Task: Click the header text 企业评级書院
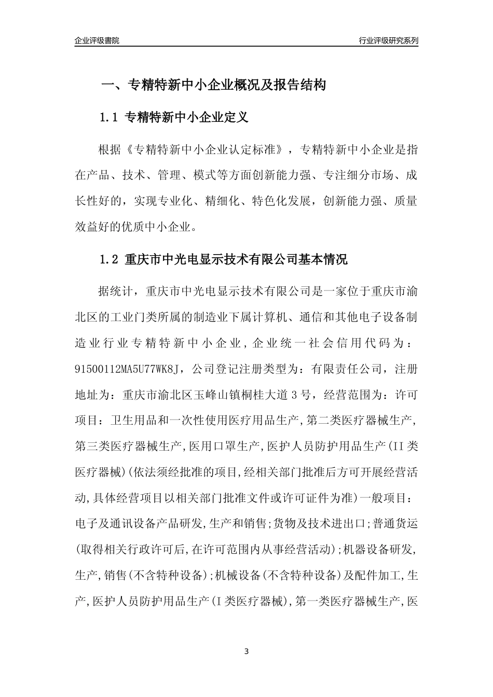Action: click(x=97, y=40)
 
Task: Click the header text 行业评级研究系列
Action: click(x=388, y=40)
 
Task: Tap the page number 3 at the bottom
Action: click(x=246, y=651)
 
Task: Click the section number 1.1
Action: click(x=109, y=118)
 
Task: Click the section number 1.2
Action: click(x=109, y=259)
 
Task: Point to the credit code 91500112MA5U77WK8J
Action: click(x=130, y=369)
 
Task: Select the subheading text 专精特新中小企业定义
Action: click(x=187, y=118)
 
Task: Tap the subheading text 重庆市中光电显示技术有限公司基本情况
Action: click(x=237, y=259)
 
